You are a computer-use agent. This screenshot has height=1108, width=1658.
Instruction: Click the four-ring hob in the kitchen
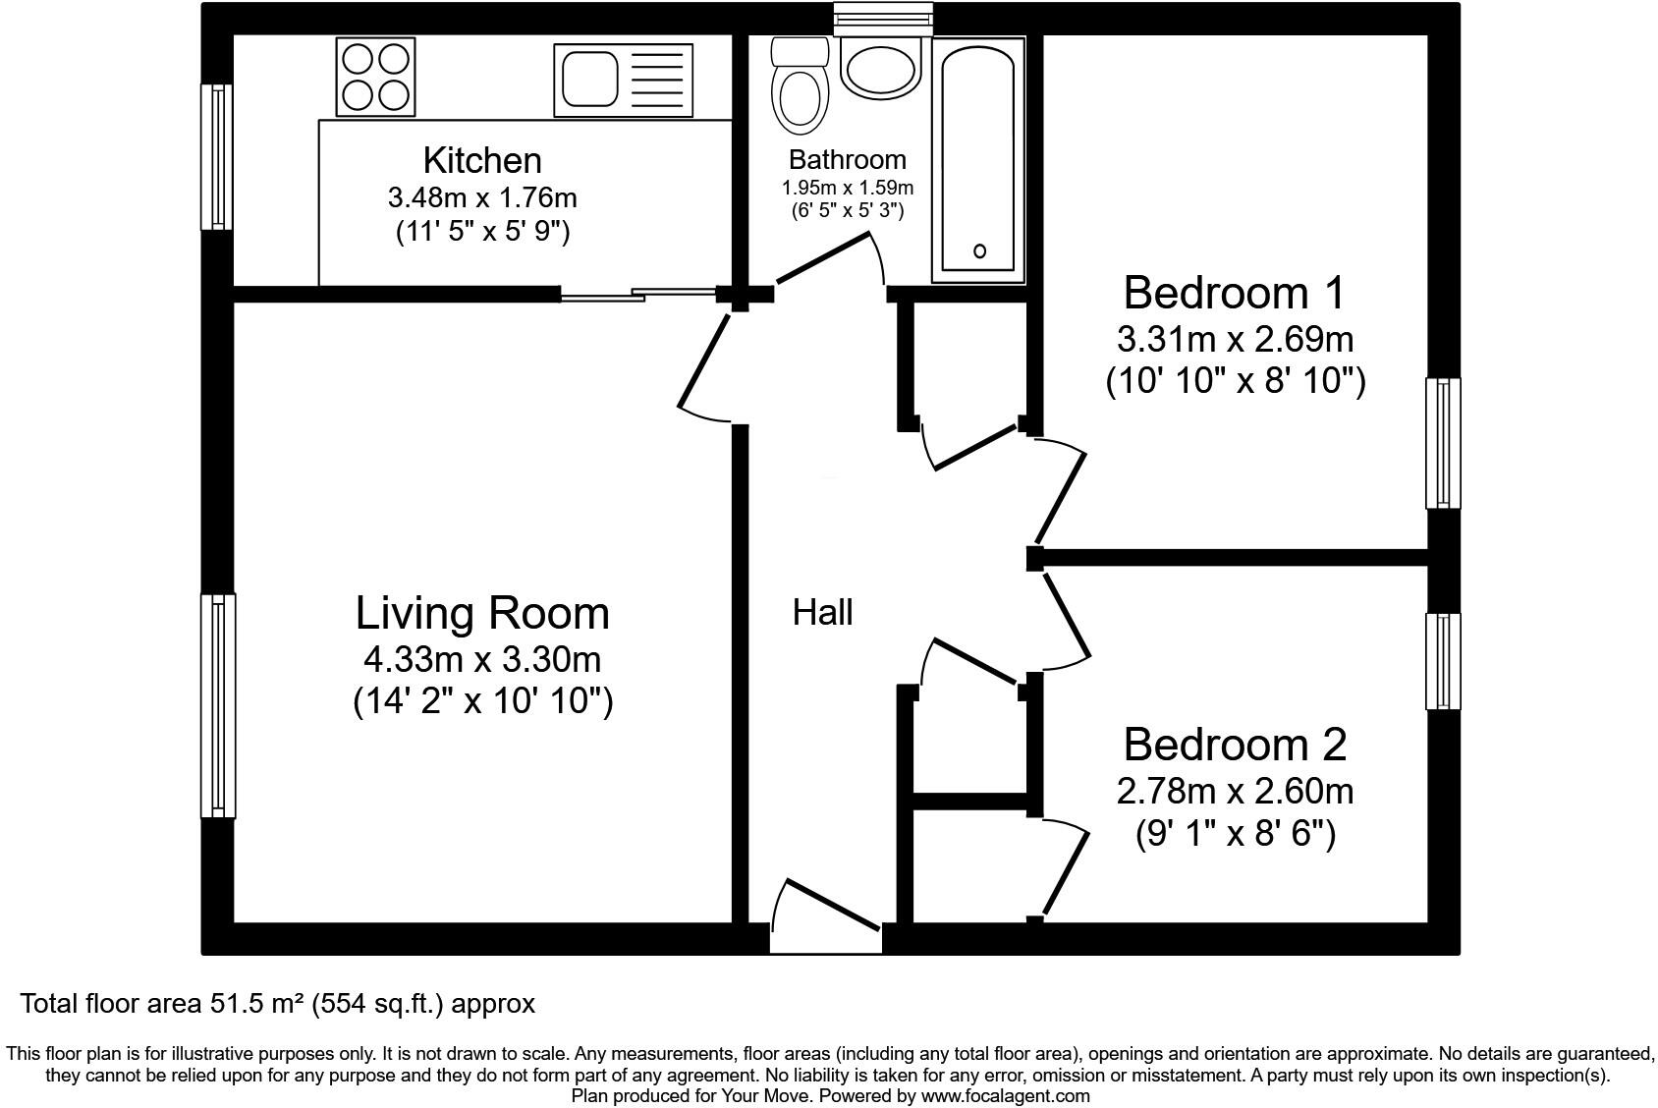coord(374,78)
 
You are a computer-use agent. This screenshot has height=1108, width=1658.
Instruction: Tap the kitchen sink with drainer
coord(621,78)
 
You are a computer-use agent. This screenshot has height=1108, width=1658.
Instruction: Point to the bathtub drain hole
coord(979,251)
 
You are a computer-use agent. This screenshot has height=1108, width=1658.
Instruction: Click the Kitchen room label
coord(482,160)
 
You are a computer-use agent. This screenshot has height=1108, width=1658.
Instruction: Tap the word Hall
coord(822,613)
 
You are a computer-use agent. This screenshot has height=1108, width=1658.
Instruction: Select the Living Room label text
coord(482,613)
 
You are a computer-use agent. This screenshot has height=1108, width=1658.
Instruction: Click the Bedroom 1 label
coord(1234,293)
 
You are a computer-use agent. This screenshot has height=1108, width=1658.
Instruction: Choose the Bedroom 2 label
coord(1235,745)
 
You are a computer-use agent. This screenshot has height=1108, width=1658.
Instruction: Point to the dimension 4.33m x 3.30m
coord(482,658)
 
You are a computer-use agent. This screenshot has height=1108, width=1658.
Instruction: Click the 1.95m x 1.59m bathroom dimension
coord(847,188)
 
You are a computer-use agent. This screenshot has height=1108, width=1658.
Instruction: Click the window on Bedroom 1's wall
coord(1443,443)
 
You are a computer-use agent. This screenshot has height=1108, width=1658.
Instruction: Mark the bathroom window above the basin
coord(881,19)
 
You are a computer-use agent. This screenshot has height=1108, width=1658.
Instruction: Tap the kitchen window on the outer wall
coord(217,157)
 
